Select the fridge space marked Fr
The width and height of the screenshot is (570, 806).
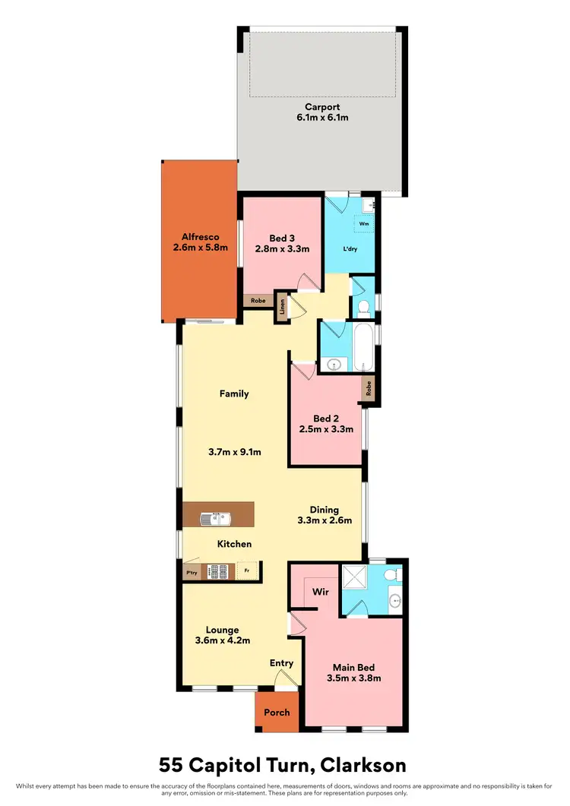(x=246, y=571)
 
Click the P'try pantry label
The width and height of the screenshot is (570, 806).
(x=191, y=572)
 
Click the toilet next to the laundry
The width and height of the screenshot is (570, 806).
(x=363, y=307)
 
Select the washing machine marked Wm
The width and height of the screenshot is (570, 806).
(x=363, y=224)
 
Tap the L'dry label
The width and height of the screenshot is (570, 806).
(x=350, y=249)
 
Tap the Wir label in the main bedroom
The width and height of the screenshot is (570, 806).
(x=321, y=590)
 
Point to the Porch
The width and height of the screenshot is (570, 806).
(x=276, y=713)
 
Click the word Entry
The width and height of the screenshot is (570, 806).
(x=281, y=663)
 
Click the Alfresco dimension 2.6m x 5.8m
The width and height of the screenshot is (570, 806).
(x=201, y=248)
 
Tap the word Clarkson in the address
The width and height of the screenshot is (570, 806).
(x=361, y=764)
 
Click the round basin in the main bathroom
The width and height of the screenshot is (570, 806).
(x=332, y=365)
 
